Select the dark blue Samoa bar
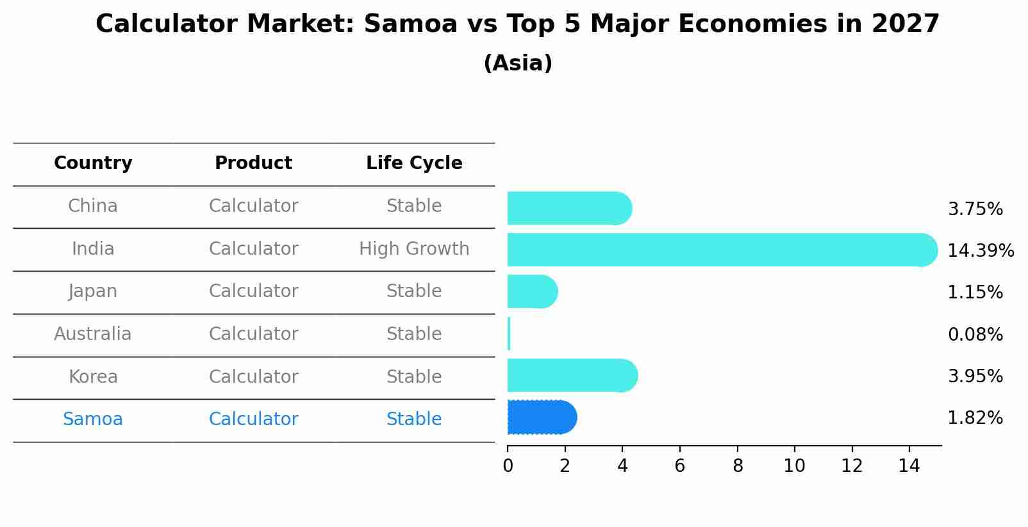(x=542, y=418)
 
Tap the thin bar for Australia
(x=509, y=334)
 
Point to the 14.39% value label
(x=980, y=250)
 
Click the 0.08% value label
(x=975, y=334)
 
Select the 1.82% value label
(x=975, y=418)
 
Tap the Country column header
(x=93, y=163)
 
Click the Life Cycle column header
(x=414, y=163)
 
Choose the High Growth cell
(x=414, y=248)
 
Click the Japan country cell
(x=93, y=291)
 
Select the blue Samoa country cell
(x=93, y=419)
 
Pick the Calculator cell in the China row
(x=253, y=206)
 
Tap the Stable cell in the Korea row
(x=414, y=377)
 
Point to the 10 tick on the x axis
(x=794, y=466)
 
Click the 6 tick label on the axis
(x=679, y=466)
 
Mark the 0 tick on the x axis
(x=508, y=466)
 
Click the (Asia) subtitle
(x=518, y=63)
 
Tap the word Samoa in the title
(x=411, y=24)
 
